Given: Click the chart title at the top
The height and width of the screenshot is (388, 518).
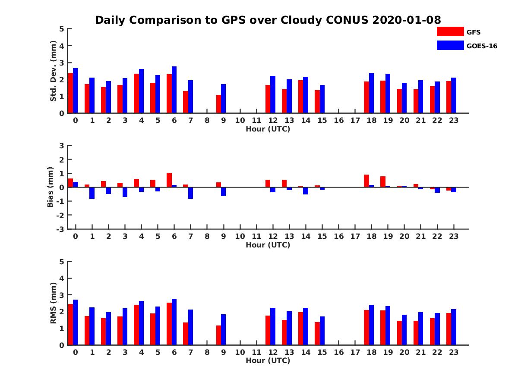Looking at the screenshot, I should [268, 20].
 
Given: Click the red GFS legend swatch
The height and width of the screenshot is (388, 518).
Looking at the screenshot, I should [450, 31].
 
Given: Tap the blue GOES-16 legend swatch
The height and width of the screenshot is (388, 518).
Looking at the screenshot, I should [450, 45].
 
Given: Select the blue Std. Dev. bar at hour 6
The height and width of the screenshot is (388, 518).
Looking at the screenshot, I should [174, 90].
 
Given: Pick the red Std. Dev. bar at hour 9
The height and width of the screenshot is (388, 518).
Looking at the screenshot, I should [219, 104].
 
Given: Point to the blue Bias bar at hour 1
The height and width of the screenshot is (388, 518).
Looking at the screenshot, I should [92, 193].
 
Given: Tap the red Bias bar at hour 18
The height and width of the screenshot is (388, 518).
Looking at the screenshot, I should [366, 181].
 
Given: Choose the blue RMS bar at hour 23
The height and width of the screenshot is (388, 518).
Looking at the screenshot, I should [454, 327].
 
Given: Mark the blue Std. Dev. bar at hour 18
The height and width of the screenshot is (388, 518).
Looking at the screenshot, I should [371, 93].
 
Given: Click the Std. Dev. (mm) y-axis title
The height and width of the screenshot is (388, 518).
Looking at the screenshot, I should [54, 71].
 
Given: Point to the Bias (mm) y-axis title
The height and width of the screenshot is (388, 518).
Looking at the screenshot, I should [51, 188].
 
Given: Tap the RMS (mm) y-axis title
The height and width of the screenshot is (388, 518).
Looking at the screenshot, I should [54, 303].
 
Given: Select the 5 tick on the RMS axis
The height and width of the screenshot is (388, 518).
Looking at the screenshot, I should [62, 262].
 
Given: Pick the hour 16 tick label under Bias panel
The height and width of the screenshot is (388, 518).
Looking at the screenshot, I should [339, 236].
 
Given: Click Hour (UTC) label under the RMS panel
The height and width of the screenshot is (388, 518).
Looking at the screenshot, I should [268, 360].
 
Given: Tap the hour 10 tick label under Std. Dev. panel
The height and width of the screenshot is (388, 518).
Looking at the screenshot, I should [240, 120].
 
